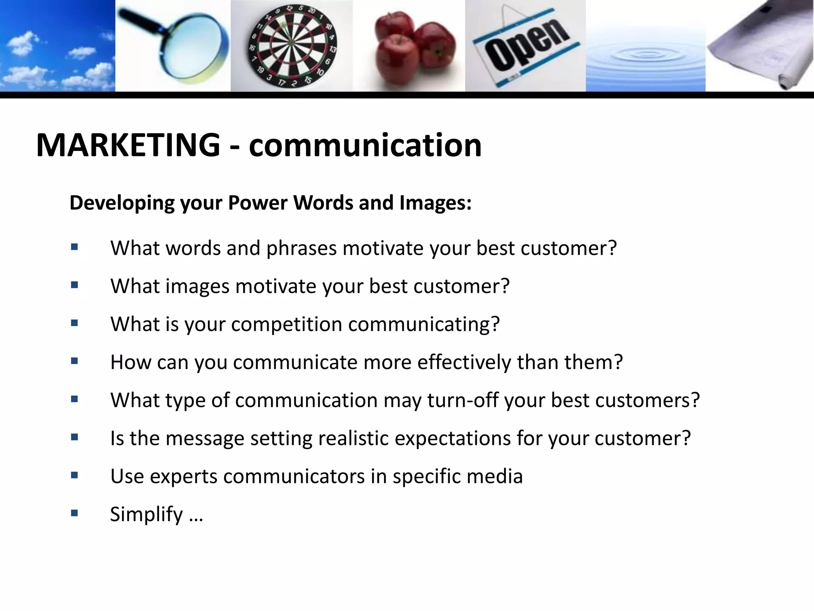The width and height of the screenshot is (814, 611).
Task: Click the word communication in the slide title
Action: point(365,145)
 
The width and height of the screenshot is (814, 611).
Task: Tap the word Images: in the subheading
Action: point(435,203)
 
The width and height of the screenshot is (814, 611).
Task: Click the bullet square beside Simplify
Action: point(74,513)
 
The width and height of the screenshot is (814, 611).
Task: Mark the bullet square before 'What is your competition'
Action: point(74,323)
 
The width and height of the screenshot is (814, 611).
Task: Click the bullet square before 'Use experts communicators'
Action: point(74,475)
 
